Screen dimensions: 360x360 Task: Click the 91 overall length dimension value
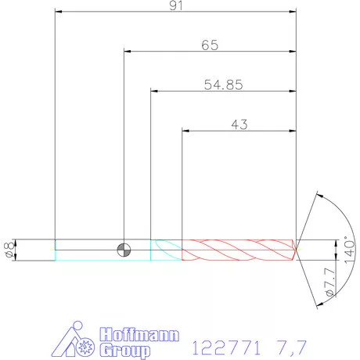[176, 5]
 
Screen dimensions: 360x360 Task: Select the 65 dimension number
[210, 45]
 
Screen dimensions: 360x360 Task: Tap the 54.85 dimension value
[223, 85]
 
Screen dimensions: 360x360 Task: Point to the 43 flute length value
[239, 124]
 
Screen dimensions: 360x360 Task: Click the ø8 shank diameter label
[9, 250]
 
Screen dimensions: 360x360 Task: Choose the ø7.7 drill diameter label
[330, 282]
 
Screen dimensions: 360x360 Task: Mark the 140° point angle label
[350, 250]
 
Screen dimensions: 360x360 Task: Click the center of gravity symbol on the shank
[124, 250]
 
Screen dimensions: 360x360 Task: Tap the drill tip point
[297, 250]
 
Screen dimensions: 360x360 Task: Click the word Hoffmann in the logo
[139, 334]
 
